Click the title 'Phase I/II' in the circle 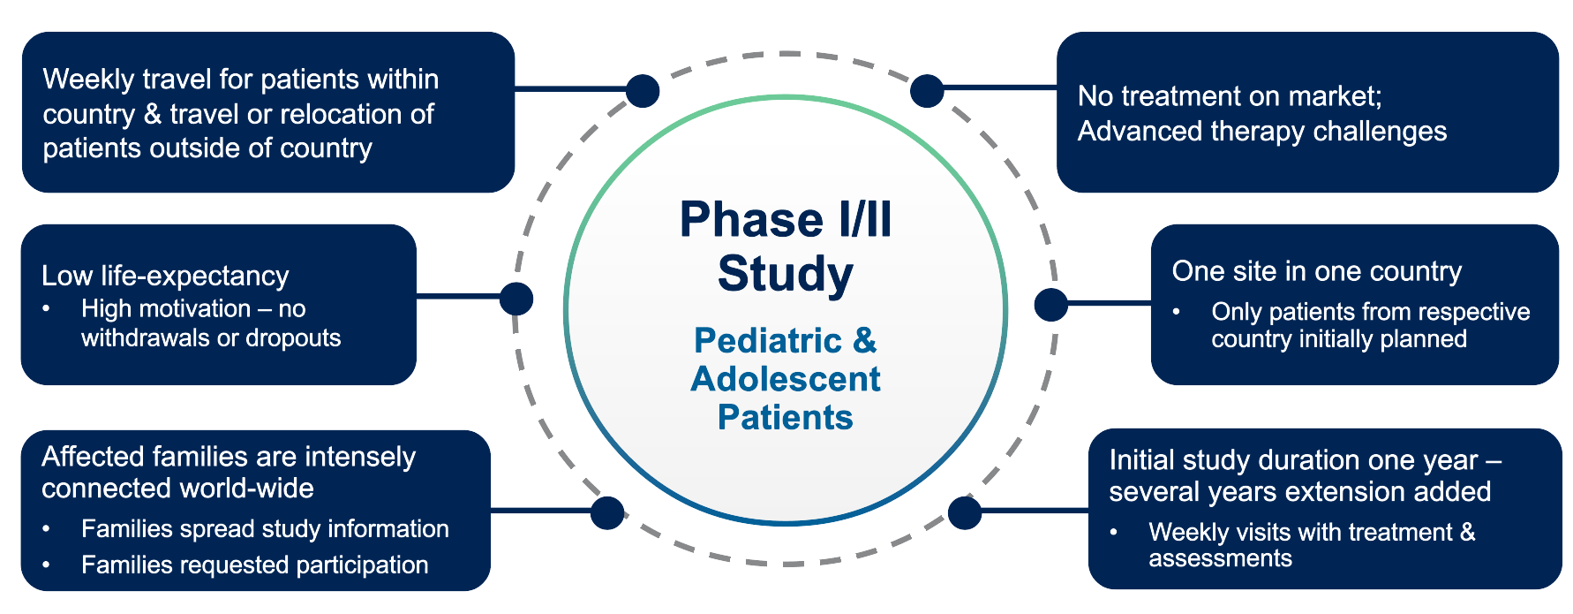(x=785, y=220)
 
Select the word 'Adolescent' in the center (x=785, y=379)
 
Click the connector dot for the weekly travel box (x=643, y=90)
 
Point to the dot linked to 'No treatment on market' (x=927, y=90)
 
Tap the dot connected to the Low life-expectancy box (x=516, y=299)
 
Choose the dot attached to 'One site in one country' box (x=1050, y=305)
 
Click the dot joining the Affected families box (x=607, y=512)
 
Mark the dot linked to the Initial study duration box (x=965, y=512)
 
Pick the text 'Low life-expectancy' (x=165, y=276)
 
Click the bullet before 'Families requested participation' (x=47, y=565)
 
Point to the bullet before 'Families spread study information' (x=47, y=529)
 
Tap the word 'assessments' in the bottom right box (x=1220, y=558)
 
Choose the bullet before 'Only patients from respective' (x=1177, y=312)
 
